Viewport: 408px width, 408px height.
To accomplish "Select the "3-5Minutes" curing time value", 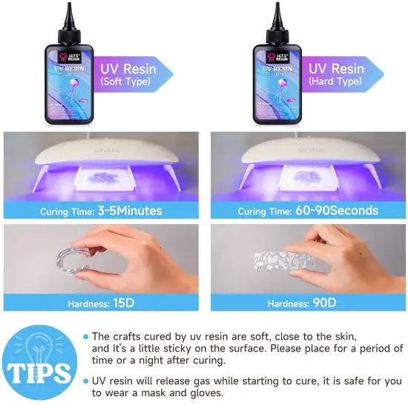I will tap(129, 211).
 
